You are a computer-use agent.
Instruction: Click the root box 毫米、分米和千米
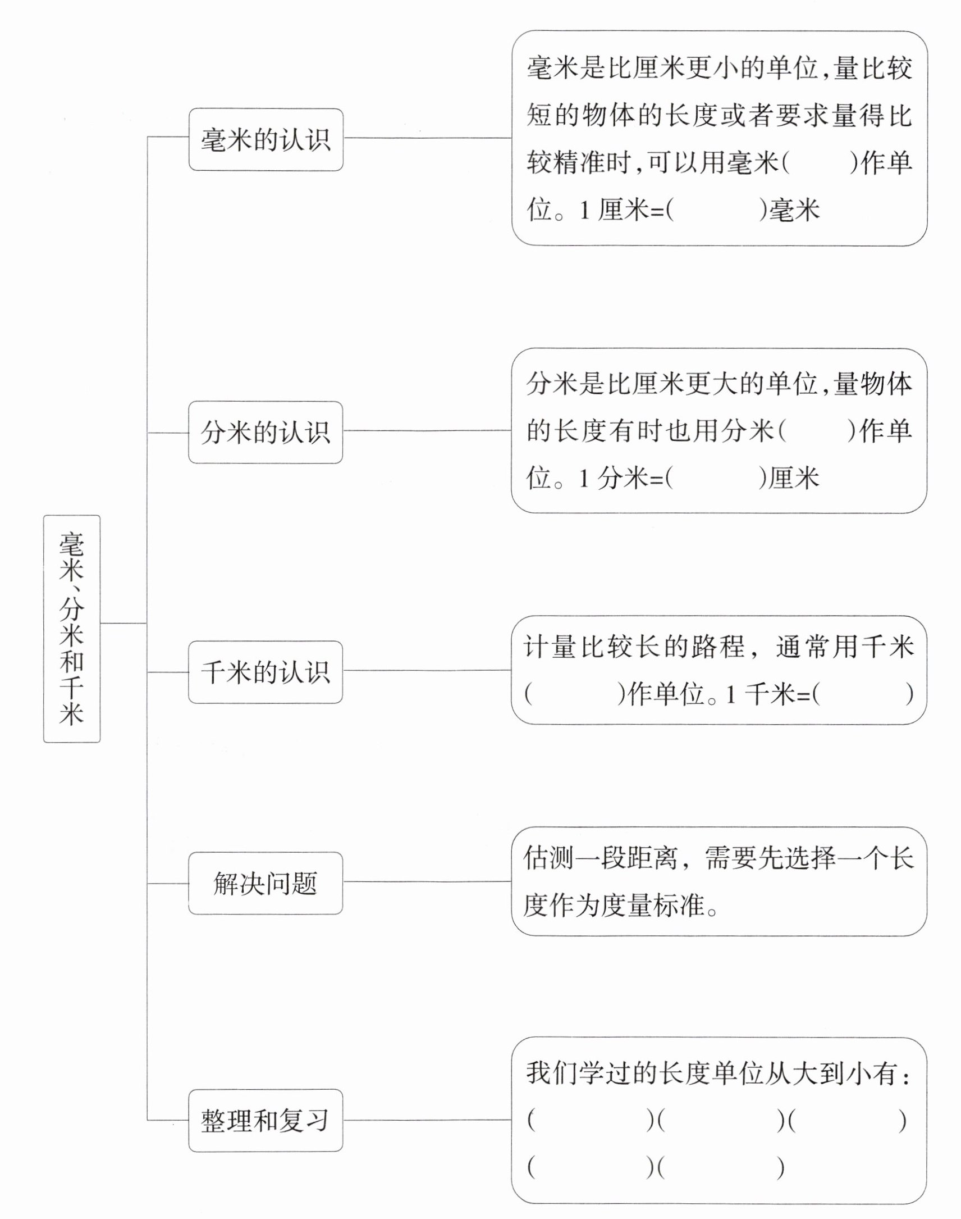(71, 629)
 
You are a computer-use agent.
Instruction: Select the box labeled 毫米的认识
(266, 140)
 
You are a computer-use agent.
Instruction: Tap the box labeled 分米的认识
(266, 433)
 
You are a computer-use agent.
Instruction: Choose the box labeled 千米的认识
(266, 672)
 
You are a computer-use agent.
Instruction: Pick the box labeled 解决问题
(266, 884)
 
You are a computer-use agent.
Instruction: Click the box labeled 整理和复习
(266, 1121)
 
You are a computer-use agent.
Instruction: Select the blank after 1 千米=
(863, 694)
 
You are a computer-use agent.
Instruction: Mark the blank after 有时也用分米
(817, 432)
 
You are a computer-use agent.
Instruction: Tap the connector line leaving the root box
(123, 624)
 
